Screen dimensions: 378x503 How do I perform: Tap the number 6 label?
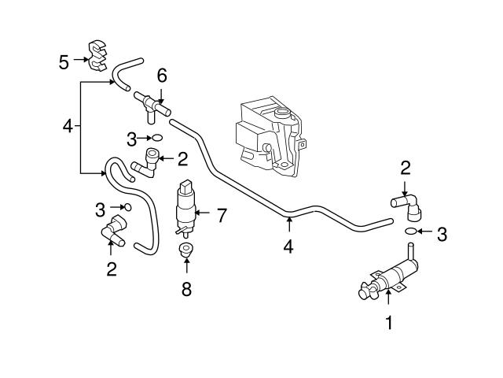pos(162,76)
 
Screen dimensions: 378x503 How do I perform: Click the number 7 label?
pos(222,215)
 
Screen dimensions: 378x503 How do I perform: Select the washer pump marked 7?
pos(186,208)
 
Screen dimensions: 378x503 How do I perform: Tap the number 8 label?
pos(186,288)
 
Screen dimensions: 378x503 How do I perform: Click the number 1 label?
pos(388,321)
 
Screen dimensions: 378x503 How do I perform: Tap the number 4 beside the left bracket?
pos(68,126)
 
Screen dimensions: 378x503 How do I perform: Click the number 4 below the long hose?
pos(288,246)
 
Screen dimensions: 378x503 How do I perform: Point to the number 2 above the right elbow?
pos(406,167)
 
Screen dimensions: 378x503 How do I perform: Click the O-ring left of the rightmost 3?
pos(412,232)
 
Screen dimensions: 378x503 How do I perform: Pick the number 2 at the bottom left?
pos(111,269)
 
